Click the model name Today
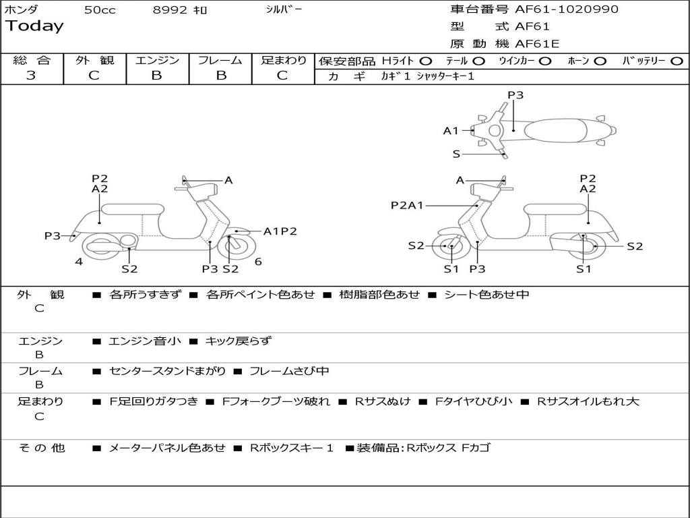pyautogui.click(x=34, y=26)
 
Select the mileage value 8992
pyautogui.click(x=170, y=10)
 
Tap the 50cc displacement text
pyautogui.click(x=99, y=10)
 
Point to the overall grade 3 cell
pyautogui.click(x=31, y=76)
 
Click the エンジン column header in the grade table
pyautogui.click(x=157, y=61)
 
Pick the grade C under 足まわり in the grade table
pyautogui.click(x=282, y=76)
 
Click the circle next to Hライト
pyautogui.click(x=426, y=61)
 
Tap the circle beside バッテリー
pyautogui.click(x=677, y=61)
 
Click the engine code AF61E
pyautogui.click(x=537, y=45)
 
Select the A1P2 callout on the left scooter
pyautogui.click(x=280, y=231)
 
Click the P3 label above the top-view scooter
pyautogui.click(x=515, y=95)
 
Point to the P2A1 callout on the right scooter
pyautogui.click(x=407, y=205)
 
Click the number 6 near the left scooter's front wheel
pyautogui.click(x=258, y=262)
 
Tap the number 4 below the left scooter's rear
pyautogui.click(x=79, y=262)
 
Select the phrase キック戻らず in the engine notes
pyautogui.click(x=238, y=341)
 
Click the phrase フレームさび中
pyautogui.click(x=289, y=371)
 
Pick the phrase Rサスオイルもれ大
pyautogui.click(x=588, y=401)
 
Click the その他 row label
pyautogui.click(x=42, y=447)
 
